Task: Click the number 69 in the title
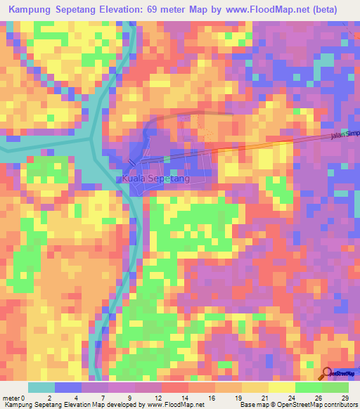point(166,10)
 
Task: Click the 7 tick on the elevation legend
point(103,397)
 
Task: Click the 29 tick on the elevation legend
point(345,397)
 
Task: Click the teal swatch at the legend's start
point(41,387)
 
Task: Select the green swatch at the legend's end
point(335,387)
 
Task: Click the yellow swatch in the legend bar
point(281,387)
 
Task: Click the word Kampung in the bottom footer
point(19,405)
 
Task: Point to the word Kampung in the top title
point(33,10)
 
